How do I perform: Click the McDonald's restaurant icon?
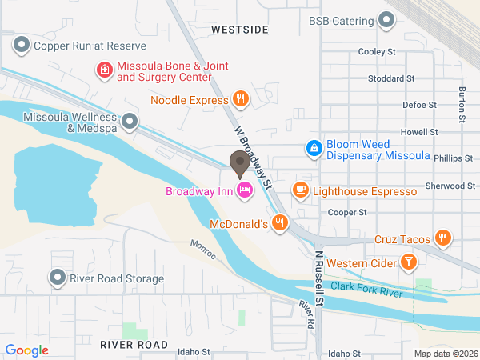click(279, 224)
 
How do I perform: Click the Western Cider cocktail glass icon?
click(408, 262)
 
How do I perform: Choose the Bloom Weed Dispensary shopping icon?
click(314, 149)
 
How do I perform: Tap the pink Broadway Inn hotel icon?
click(245, 190)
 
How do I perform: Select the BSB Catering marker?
click(387, 21)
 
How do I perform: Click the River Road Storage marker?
click(58, 278)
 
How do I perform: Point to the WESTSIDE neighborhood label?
click(240, 29)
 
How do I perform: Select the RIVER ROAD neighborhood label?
click(134, 345)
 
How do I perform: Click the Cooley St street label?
click(378, 52)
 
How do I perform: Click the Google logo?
click(27, 350)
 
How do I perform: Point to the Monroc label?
click(203, 247)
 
